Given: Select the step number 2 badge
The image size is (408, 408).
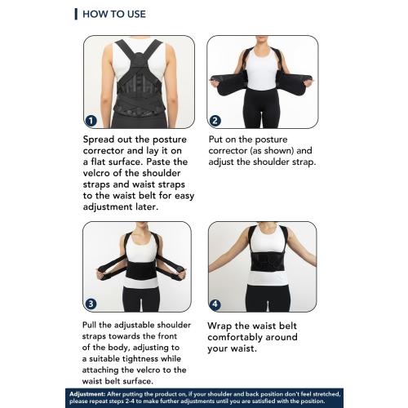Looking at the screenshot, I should pos(215,120).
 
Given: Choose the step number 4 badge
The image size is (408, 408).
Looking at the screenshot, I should pos(215,305).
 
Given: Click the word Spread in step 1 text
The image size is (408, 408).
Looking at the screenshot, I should pos(102,140).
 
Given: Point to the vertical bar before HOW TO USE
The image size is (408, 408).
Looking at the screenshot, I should pos(76,14).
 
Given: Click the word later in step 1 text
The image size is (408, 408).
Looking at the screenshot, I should pos(157,206).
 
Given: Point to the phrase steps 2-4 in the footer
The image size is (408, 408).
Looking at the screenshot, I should pos(137,401).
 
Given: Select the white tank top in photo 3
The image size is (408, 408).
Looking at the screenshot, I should pos(141,249).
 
